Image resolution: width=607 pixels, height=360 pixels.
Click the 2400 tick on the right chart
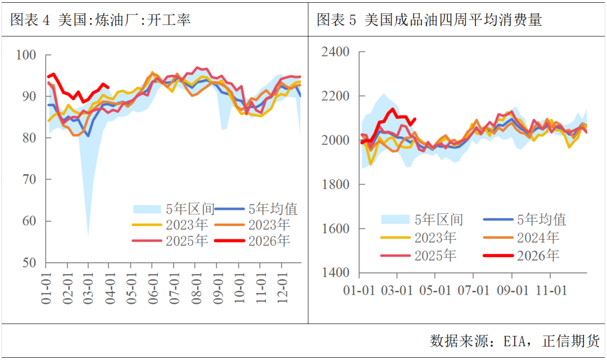[x=335, y=52]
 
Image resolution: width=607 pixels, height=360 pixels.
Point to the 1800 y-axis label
[x=335, y=185]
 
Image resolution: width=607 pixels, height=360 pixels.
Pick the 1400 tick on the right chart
[x=335, y=273]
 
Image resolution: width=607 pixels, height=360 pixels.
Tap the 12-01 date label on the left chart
[x=282, y=287]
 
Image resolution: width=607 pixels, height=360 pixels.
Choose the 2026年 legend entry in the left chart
[x=269, y=241]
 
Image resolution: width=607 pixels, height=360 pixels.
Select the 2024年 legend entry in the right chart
[x=537, y=238]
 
